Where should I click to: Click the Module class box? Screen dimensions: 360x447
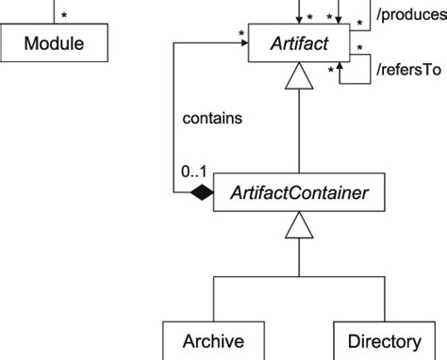point(53,43)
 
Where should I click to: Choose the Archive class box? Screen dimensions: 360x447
point(213,340)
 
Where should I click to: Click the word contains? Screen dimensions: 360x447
point(212,119)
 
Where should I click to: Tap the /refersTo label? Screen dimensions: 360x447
point(407,69)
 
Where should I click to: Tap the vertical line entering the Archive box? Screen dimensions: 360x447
point(213,300)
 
